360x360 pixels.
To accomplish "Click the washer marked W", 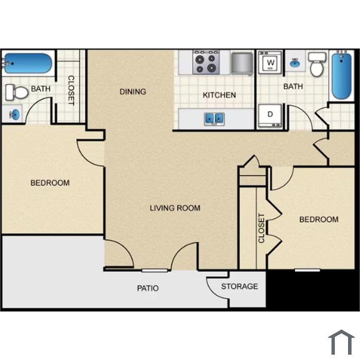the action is [270, 62].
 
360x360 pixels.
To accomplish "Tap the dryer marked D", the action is [270, 116].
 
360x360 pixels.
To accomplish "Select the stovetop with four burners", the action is [206, 62].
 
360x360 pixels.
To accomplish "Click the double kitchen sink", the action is [214, 119].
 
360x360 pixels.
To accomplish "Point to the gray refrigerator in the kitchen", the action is [242, 63].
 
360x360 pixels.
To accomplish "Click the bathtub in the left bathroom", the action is [28, 63].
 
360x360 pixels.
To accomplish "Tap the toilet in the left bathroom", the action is [16, 92].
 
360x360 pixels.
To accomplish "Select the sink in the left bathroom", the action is [15, 114].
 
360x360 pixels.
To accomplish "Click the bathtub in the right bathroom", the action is [341, 76].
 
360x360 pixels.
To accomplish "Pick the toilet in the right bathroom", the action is [317, 64].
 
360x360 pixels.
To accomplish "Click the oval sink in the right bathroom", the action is [295, 63].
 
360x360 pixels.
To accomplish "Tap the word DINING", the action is [133, 92].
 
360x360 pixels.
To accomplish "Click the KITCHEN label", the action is [219, 95].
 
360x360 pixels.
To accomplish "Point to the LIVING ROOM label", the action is [175, 208].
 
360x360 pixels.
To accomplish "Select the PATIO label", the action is [148, 288].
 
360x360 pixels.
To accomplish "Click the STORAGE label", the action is [240, 286].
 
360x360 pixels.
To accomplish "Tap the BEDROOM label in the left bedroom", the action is [50, 183].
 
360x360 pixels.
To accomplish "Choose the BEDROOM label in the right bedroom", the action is [319, 220].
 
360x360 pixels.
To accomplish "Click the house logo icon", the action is [341, 343].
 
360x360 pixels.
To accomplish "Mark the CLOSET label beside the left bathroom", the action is [71, 91].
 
